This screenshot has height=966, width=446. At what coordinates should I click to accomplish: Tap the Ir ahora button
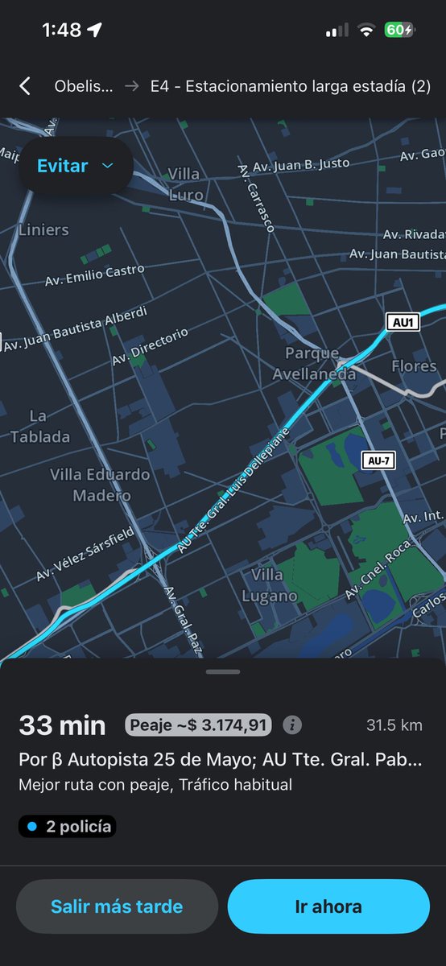pyautogui.click(x=328, y=906)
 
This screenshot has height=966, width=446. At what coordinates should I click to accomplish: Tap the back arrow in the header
pyautogui.click(x=25, y=86)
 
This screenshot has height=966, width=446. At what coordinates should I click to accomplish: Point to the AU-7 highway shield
pyautogui.click(x=378, y=460)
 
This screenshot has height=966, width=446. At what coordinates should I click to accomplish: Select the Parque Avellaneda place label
pyautogui.click(x=314, y=364)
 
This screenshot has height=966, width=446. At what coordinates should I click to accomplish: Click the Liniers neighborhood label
pyautogui.click(x=43, y=230)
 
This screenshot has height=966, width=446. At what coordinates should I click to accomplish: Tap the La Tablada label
pyautogui.click(x=39, y=427)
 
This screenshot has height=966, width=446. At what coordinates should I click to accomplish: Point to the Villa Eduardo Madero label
pyautogui.click(x=100, y=485)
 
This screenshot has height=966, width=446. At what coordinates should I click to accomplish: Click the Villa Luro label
pyautogui.click(x=184, y=184)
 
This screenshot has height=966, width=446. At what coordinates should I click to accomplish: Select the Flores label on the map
pyautogui.click(x=414, y=366)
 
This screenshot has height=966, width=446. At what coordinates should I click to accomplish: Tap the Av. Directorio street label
pyautogui.click(x=151, y=345)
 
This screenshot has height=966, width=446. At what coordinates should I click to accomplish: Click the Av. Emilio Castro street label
pyautogui.click(x=95, y=275)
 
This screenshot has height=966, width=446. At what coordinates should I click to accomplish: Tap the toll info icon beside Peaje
pyautogui.click(x=292, y=725)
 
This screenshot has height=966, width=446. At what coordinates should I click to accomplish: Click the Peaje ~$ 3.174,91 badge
pyautogui.click(x=198, y=725)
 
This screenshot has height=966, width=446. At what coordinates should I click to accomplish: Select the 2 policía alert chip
pyautogui.click(x=68, y=826)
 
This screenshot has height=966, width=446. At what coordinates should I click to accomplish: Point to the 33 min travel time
pyautogui.click(x=62, y=725)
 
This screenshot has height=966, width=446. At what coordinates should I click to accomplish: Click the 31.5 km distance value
pyautogui.click(x=394, y=725)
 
